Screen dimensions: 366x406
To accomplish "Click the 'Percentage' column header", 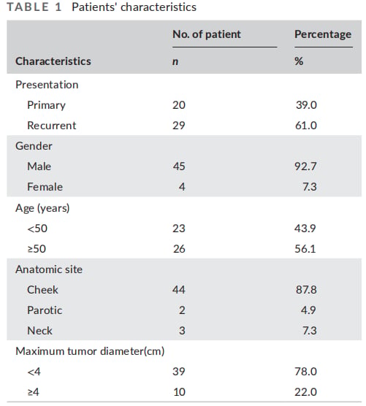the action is (323, 35).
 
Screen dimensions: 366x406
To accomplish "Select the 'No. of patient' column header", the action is (207, 34).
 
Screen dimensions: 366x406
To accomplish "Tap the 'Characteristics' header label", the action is (53, 61).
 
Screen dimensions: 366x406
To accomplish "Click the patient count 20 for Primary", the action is (179, 105).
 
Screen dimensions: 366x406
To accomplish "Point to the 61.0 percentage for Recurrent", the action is (306, 126).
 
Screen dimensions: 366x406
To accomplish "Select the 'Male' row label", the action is (39, 166).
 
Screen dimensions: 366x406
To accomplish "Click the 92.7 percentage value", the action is (305, 166).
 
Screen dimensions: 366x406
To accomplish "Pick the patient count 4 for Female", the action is (182, 187).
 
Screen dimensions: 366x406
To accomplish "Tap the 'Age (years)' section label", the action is (42, 208).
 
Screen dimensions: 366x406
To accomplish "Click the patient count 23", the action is (179, 229).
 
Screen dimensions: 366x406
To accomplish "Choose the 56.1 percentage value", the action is (305, 249).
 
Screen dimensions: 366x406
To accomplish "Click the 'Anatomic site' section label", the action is (49, 269).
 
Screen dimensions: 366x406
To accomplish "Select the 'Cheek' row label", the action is (43, 290).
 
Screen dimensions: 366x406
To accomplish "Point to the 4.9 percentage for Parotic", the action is (308, 310).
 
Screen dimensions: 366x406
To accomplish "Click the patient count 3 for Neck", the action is (182, 331).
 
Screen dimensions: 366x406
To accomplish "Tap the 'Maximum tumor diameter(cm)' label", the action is (90, 351).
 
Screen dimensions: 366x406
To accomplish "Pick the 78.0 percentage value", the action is (305, 372).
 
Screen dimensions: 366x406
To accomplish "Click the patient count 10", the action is (179, 392).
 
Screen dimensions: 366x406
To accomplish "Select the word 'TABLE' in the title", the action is (28, 7).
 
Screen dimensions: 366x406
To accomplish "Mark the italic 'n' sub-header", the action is (175, 62).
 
